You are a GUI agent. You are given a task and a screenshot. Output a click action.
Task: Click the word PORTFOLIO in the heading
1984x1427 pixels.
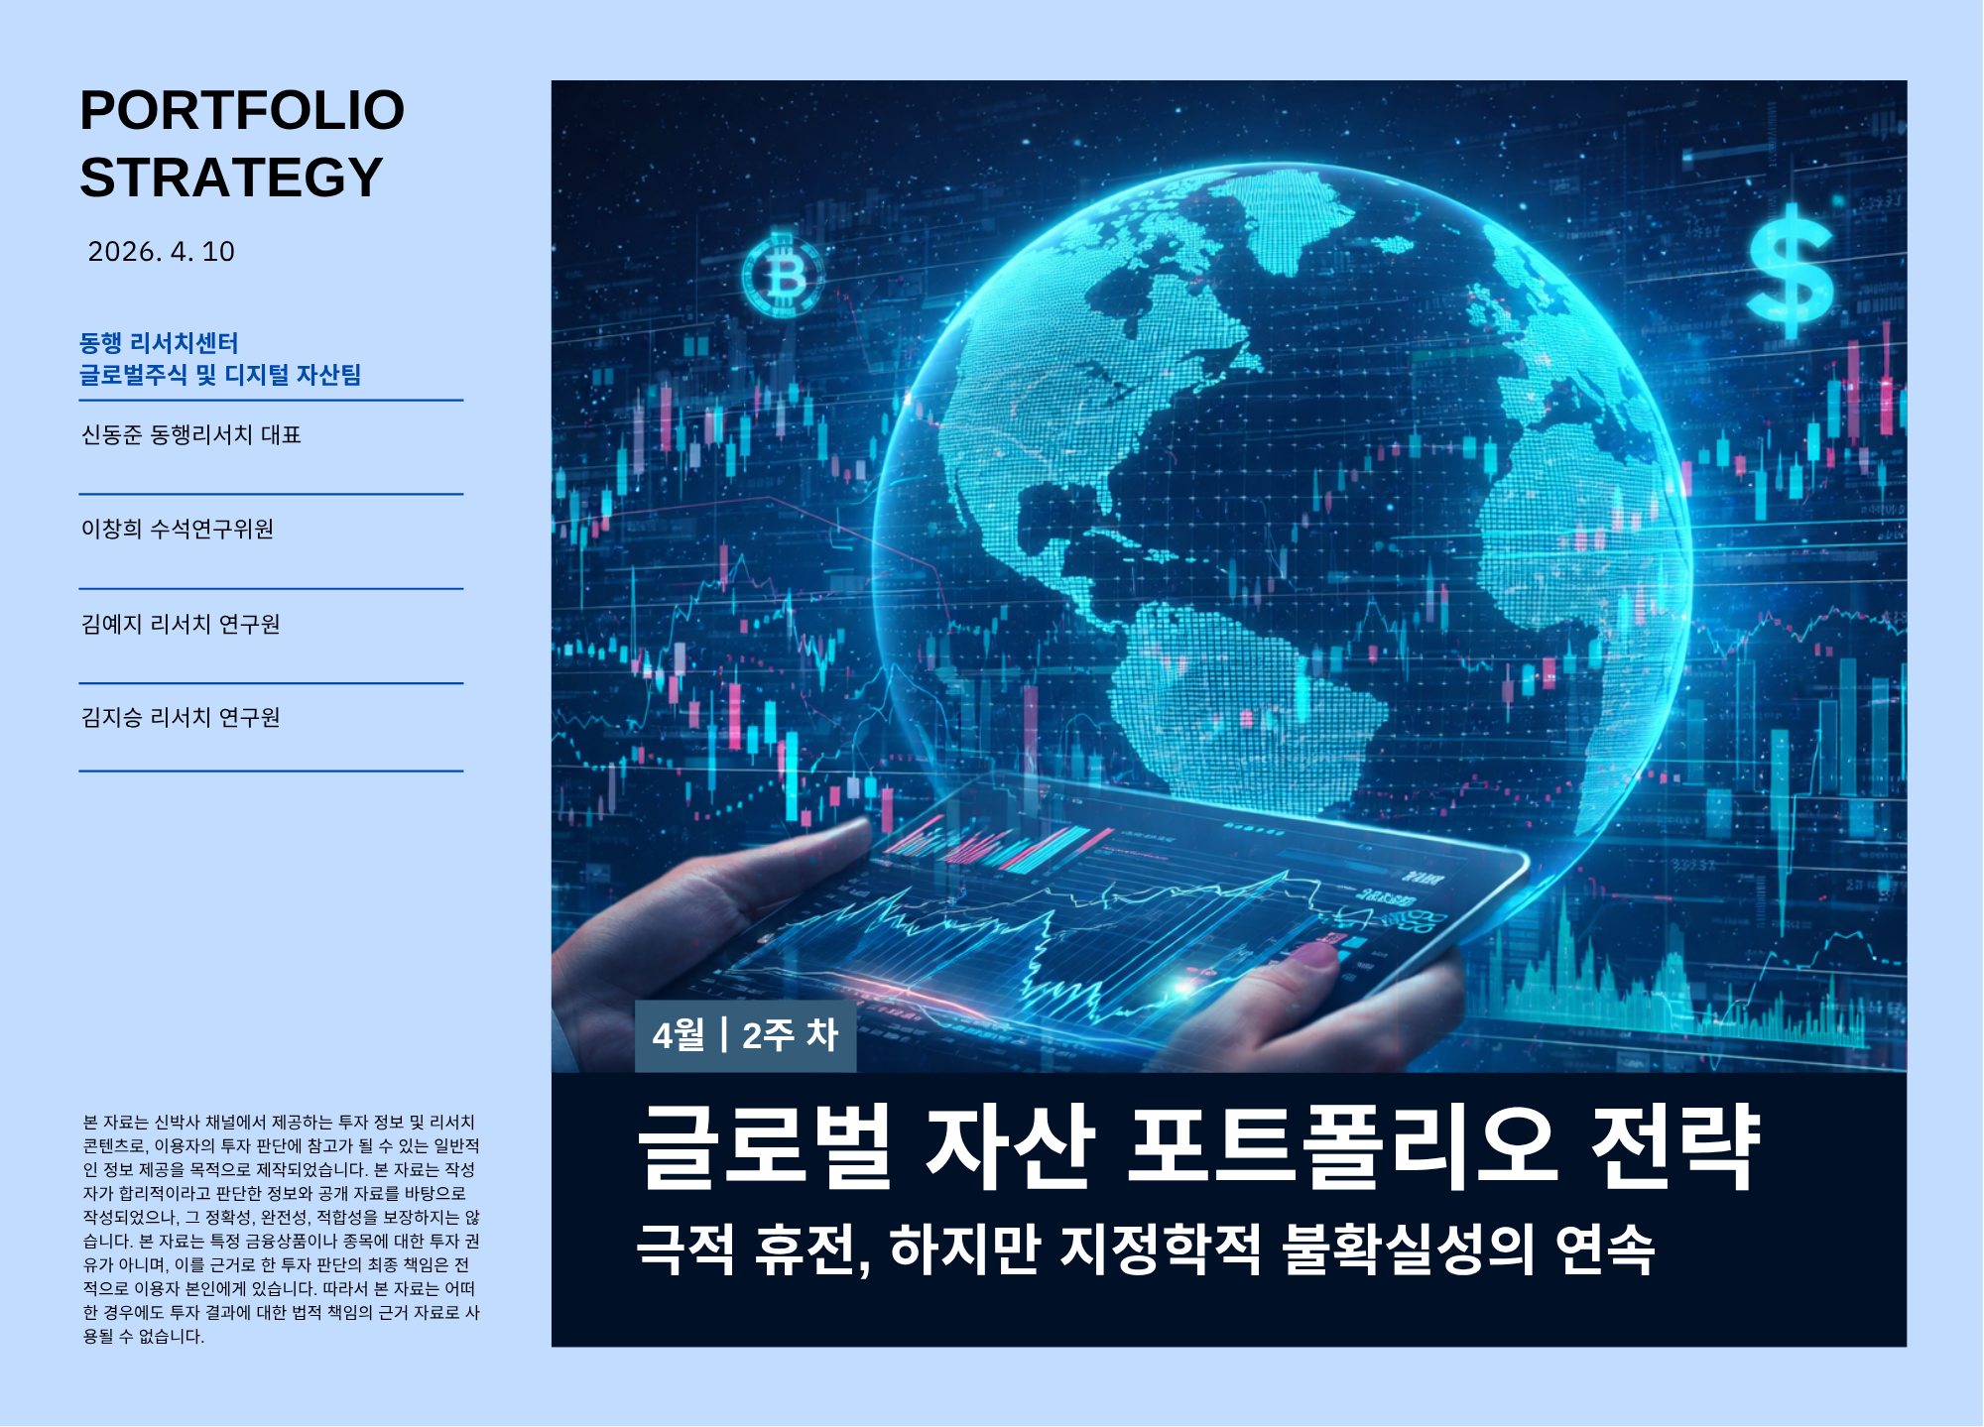point(242,110)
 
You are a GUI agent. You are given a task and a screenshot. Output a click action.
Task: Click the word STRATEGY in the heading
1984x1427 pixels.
point(231,178)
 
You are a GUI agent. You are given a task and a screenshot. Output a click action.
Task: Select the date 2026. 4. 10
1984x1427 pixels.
point(162,252)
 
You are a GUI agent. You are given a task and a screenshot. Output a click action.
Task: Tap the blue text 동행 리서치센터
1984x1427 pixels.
point(159,343)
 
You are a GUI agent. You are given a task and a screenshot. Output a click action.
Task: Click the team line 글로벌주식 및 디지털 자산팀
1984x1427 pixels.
point(220,375)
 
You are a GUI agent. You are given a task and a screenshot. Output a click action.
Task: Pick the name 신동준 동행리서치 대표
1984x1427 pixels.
point(191,435)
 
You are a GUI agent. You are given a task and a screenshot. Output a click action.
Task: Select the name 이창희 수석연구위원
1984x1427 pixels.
point(178,530)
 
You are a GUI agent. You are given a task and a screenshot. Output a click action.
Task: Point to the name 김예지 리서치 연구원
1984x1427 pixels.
point(181,624)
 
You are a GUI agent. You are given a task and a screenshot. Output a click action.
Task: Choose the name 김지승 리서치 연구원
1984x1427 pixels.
point(181,718)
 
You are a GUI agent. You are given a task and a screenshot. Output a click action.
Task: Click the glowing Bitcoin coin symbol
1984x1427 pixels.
point(783,276)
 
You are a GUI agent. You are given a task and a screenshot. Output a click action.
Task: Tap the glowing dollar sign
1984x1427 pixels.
point(1790,270)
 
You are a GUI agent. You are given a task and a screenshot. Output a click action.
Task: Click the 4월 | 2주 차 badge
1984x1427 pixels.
point(745,1035)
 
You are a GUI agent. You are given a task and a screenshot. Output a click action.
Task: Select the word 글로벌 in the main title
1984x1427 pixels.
point(765,1147)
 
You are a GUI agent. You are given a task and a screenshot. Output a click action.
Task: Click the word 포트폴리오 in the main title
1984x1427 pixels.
point(1342,1147)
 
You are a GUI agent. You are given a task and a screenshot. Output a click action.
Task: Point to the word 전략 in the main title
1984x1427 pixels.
point(1675,1147)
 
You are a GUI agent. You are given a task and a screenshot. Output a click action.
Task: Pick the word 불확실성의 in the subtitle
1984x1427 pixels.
point(1409,1249)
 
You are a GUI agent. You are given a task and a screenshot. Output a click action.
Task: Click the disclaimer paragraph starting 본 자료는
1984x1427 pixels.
point(281,1229)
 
